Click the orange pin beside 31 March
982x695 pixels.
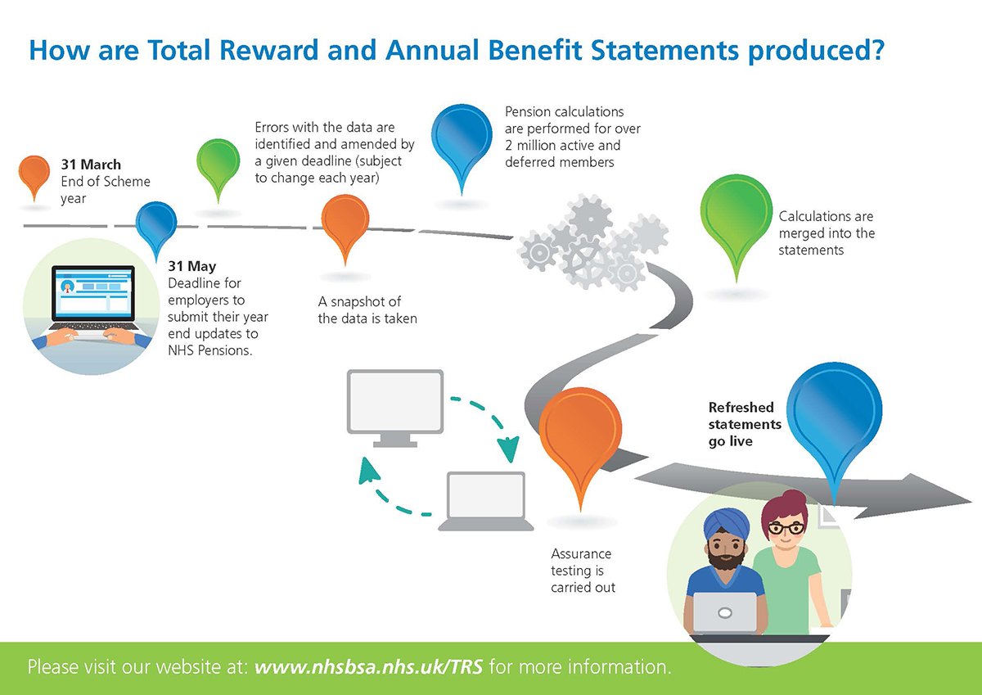[34, 173]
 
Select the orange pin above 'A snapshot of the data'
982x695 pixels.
[345, 222]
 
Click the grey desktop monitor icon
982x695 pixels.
[395, 404]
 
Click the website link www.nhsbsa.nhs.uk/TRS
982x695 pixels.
[371, 666]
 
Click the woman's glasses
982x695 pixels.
[785, 529]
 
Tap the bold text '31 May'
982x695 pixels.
[191, 266]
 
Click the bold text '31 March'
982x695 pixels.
[90, 165]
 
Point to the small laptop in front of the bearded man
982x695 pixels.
[724, 613]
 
